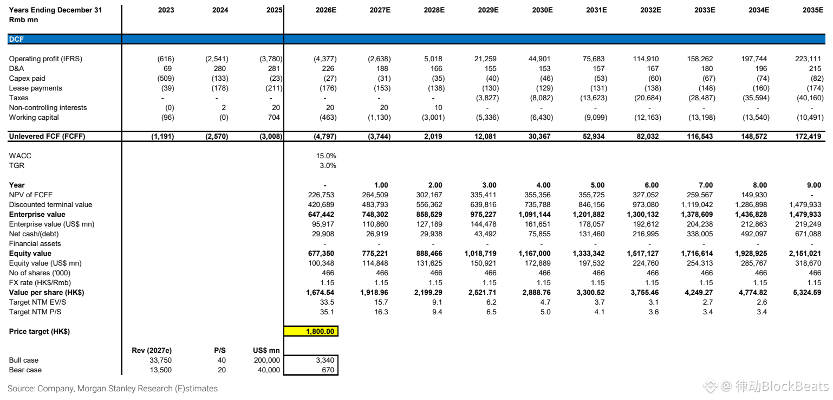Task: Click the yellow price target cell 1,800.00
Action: (311, 331)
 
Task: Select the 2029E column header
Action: (488, 10)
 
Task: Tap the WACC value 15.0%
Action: (326, 156)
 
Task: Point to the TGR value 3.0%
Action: (328, 165)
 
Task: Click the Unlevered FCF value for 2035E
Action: (808, 136)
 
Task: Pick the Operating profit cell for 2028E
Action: (433, 59)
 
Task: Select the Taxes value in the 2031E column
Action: (594, 98)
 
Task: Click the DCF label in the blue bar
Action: (16, 39)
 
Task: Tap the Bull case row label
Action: (24, 360)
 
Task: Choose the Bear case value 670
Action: (328, 370)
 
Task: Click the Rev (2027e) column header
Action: (152, 351)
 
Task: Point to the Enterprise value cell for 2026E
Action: (321, 214)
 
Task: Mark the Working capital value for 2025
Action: (274, 117)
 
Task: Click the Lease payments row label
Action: (35, 88)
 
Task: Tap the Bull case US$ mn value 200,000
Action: (267, 360)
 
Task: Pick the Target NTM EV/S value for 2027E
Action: (381, 302)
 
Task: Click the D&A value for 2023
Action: (168, 68)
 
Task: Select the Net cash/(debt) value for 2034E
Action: (754, 234)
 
